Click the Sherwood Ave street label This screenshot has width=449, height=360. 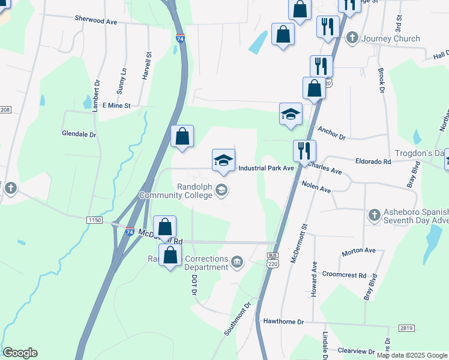(95, 20)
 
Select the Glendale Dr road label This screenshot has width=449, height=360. (79, 134)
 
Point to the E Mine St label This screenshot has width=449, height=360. (116, 105)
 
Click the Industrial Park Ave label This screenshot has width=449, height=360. (266, 169)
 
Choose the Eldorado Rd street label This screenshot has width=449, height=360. (373, 161)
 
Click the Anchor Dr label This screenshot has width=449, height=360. (332, 133)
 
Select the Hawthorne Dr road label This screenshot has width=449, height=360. (284, 322)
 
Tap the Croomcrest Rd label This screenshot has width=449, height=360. (344, 276)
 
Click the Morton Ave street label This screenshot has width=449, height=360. (358, 250)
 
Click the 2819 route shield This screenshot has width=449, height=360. (406, 328)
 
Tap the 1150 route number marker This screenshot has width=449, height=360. (94, 221)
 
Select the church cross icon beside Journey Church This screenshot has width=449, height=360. (352, 38)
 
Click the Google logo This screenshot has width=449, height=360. (20, 353)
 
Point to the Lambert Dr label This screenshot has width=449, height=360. (96, 91)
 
